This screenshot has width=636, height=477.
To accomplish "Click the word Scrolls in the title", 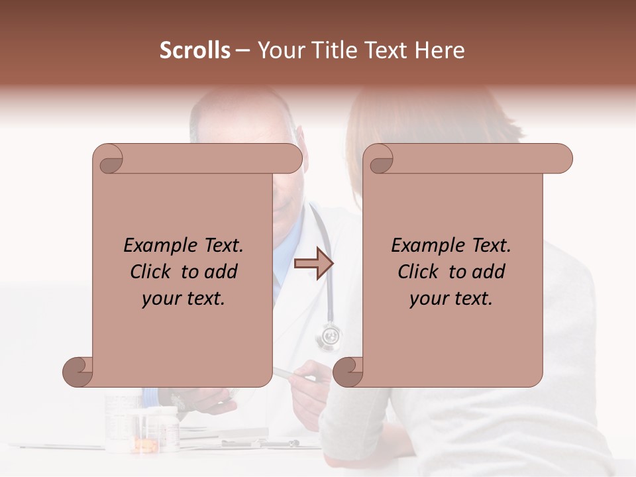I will (195, 50).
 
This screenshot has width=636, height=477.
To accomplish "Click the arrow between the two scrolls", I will (313, 264).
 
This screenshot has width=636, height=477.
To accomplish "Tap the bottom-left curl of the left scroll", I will (78, 372).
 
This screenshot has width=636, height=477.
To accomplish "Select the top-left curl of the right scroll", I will (380, 160).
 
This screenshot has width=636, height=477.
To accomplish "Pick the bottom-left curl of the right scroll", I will (348, 372).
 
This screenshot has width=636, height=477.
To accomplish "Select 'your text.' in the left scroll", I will (183, 298).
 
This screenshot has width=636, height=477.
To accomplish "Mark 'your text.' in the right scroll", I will (450, 298).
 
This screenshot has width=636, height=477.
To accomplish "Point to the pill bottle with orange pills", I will (140, 437).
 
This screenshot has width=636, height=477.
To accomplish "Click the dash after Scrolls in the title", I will (243, 50).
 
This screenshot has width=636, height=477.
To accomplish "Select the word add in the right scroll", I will (489, 272).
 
